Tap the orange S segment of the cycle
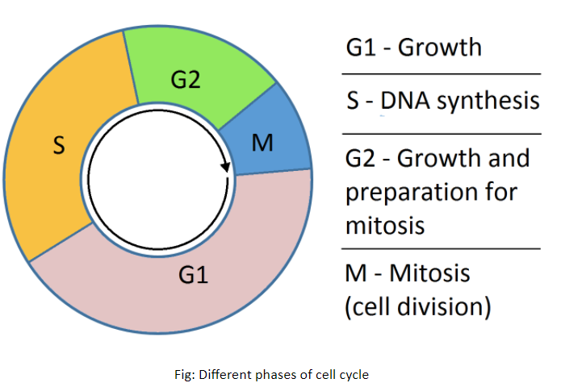coord(44,185)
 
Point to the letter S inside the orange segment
coord(59,148)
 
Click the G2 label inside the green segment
coord(185,80)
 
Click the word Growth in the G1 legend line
coord(440,47)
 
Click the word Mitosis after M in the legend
coord(432,274)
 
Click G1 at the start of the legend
coord(362,47)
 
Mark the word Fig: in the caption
coord(187,374)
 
